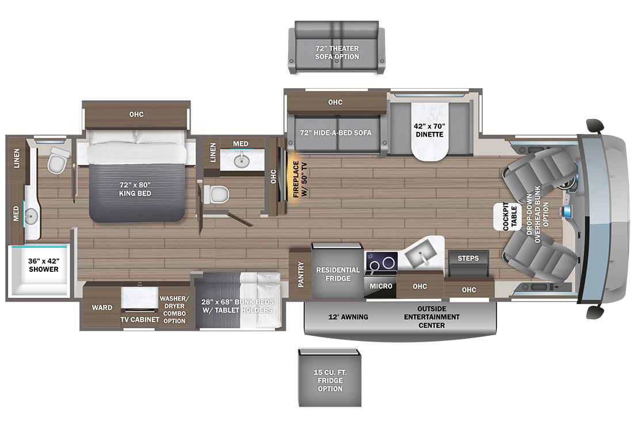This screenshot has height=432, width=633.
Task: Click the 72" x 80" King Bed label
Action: pyautogui.click(x=135, y=189)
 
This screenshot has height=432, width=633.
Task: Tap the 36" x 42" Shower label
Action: pyautogui.click(x=44, y=265)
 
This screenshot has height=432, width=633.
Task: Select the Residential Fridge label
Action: pyautogui.click(x=338, y=274)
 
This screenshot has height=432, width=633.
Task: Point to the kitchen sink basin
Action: pyautogui.click(x=421, y=255)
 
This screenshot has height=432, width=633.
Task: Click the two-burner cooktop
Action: pyautogui.click(x=381, y=262)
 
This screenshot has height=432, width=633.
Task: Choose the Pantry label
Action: pyautogui.click(x=301, y=274)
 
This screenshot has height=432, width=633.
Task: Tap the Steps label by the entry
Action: pyautogui.click(x=468, y=258)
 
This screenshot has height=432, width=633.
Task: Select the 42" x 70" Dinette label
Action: pyautogui.click(x=429, y=130)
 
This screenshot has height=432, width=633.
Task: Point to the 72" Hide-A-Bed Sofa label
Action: pyautogui.click(x=335, y=132)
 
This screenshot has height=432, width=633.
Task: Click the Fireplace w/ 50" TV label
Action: pyautogui.click(x=300, y=180)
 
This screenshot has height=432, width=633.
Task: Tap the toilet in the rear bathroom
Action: pyautogui.click(x=58, y=160)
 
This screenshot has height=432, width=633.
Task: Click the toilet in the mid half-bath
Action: pyautogui.click(x=216, y=194)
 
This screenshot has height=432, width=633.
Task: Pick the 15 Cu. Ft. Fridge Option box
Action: pyautogui.click(x=330, y=378)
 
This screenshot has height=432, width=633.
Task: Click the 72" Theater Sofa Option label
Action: pyautogui.click(x=337, y=52)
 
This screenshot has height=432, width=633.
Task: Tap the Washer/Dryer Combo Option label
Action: pyautogui.click(x=174, y=309)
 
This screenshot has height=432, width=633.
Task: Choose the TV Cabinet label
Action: pyautogui.click(x=140, y=320)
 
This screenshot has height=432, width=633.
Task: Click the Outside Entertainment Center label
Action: pyautogui.click(x=432, y=317)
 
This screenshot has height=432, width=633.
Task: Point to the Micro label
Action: pyautogui.click(x=381, y=286)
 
